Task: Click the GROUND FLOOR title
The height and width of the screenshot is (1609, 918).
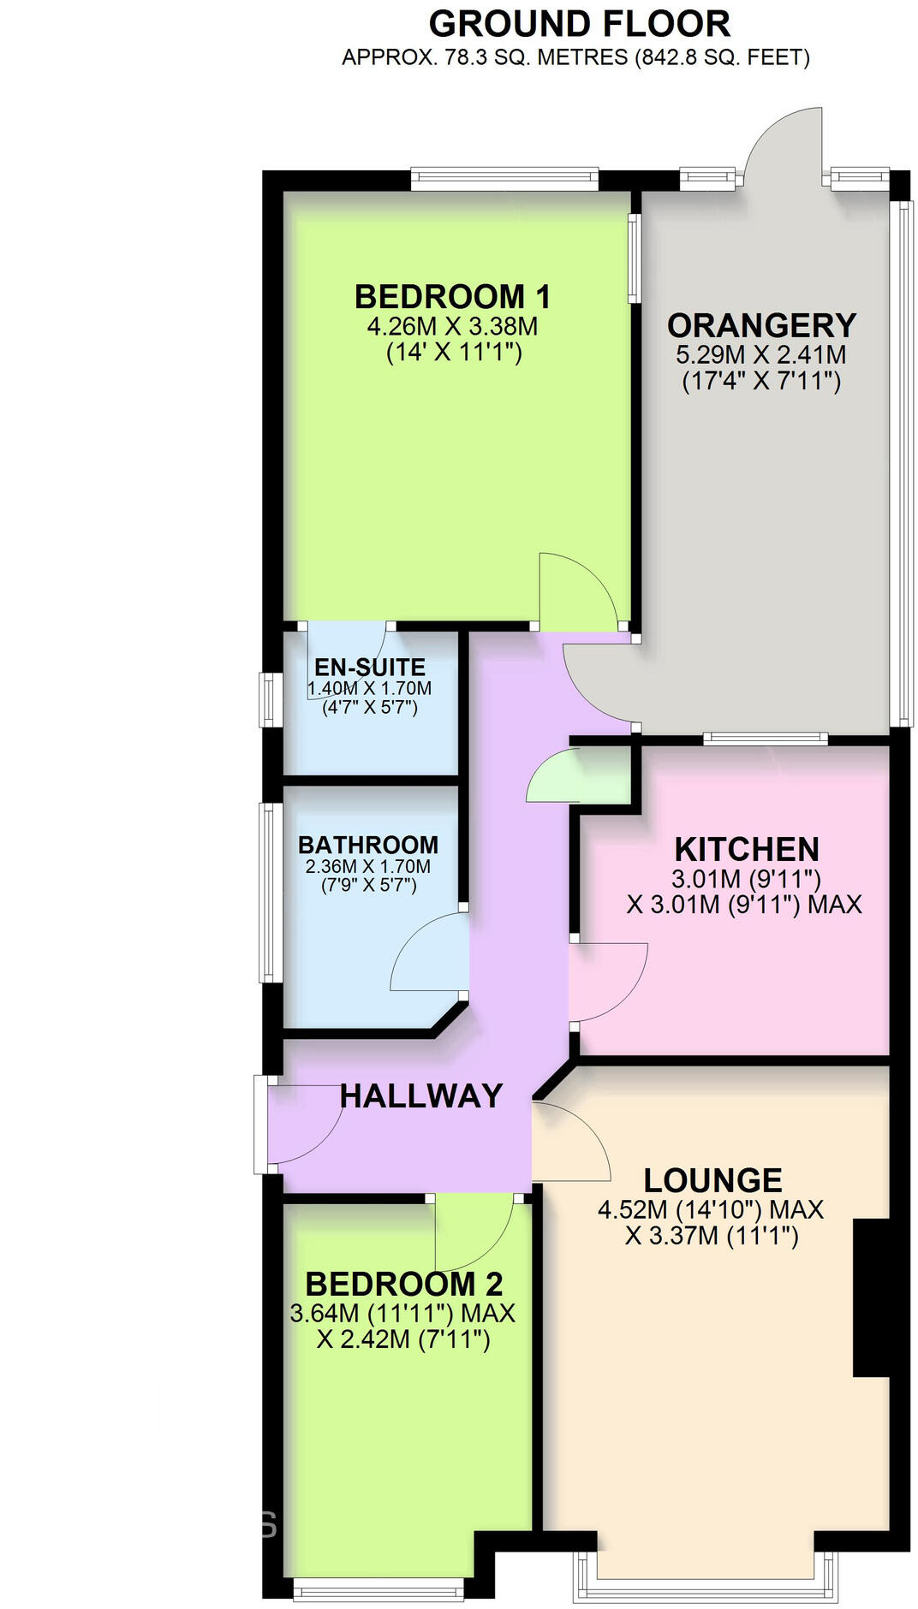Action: pos(580,24)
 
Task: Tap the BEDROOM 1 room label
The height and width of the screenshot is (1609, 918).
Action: pos(453,297)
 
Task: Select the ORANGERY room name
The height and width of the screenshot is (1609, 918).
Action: pos(761,325)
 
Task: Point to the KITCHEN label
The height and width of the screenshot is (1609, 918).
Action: pos(747,849)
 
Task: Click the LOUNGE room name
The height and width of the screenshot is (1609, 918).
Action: pos(712,1180)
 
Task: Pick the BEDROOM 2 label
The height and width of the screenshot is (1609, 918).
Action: pos(403,1284)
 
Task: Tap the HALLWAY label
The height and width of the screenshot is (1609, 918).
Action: pos(420,1095)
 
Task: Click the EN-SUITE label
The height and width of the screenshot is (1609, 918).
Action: pos(370,667)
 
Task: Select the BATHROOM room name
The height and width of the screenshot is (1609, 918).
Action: pos(368,845)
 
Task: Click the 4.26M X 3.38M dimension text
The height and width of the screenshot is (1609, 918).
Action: pos(453,326)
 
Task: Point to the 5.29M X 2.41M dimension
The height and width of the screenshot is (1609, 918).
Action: pos(761,354)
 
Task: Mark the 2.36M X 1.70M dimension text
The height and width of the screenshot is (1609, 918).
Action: pos(368,866)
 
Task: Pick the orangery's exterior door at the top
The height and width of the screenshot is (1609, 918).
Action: pos(783,141)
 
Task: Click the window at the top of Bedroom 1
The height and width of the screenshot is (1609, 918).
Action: pos(504,178)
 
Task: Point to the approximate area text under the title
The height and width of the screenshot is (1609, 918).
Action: pos(575,58)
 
